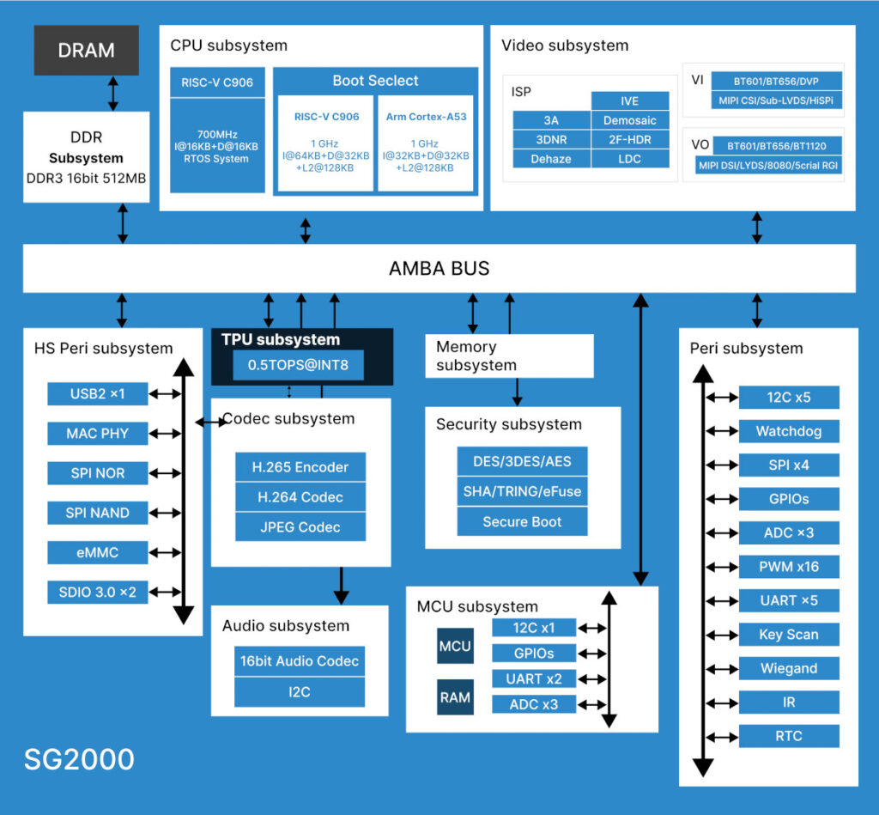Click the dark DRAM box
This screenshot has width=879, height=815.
(86, 50)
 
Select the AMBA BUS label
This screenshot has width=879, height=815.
(439, 268)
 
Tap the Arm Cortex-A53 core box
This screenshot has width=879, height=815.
(426, 143)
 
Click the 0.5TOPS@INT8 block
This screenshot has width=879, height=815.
(299, 365)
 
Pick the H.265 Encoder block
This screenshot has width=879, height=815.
(300, 467)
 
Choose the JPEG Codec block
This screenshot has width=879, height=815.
(300, 527)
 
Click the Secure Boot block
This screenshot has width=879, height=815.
(522, 521)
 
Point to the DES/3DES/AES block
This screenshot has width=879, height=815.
(522, 461)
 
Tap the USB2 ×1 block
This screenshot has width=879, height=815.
(97, 394)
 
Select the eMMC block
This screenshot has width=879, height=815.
(97, 552)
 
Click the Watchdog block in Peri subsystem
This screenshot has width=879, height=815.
(788, 431)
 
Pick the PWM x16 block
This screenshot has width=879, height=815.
(788, 567)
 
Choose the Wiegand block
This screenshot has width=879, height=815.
(788, 668)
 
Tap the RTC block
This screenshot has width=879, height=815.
(788, 736)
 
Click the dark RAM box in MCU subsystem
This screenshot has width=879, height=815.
(455, 697)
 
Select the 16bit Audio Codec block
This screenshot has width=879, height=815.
(300, 661)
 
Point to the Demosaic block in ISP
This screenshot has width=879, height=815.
(629, 121)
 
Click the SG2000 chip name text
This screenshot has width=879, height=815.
(79, 759)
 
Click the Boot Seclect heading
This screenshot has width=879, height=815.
(375, 81)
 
